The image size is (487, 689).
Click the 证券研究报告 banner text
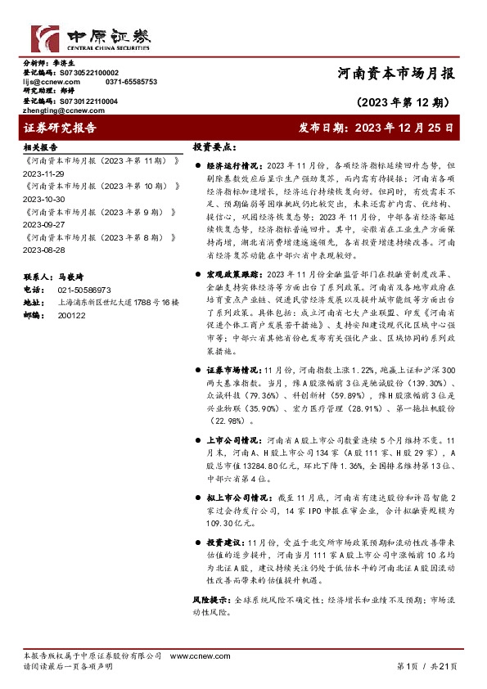[x=61, y=128]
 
